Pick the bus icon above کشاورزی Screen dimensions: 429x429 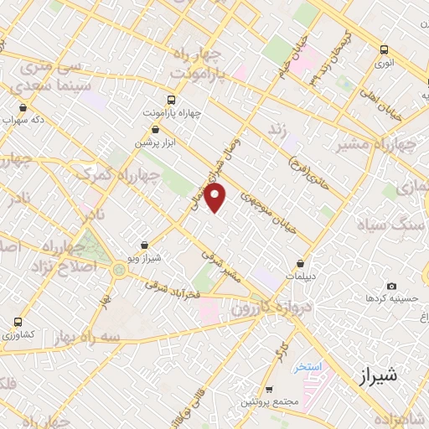pos(18,322)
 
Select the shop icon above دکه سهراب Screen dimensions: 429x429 pos(23,107)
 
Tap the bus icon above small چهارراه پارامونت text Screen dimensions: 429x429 pos(172,98)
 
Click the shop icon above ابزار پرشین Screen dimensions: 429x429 pos(155,129)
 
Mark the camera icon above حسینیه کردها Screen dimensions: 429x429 pos(391,286)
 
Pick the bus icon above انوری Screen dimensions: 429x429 pos(384,49)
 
